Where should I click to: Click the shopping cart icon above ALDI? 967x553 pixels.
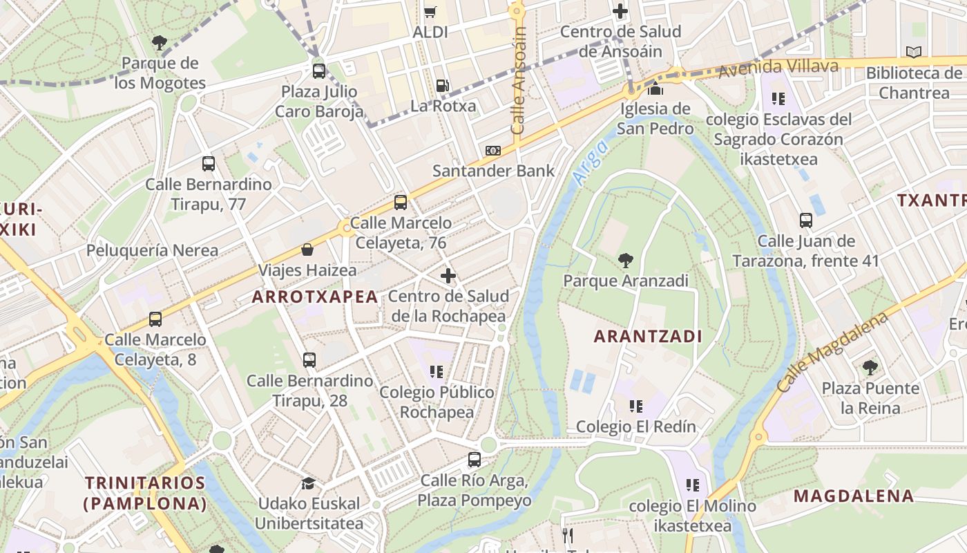(430, 11)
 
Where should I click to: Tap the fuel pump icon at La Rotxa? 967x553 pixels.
(442, 86)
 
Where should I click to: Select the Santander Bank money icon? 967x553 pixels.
(492, 151)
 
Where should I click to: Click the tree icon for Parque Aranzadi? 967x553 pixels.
(625, 261)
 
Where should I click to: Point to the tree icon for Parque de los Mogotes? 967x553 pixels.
(160, 43)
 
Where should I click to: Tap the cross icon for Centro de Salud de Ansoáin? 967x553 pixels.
(620, 11)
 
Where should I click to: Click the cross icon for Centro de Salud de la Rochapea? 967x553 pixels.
(448, 276)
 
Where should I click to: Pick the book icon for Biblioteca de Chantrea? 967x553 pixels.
(913, 53)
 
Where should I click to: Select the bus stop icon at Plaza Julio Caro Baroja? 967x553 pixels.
(318, 71)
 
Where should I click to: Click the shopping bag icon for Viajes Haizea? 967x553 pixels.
(307, 250)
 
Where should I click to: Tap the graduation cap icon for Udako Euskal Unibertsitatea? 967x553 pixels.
(308, 483)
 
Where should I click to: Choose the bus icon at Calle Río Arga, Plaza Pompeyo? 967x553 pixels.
(474, 460)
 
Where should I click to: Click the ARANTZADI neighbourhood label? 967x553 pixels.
(648, 337)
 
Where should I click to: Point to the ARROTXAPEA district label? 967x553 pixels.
(315, 297)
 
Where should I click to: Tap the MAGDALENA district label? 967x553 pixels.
(854, 496)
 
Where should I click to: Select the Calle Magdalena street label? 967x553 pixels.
(832, 352)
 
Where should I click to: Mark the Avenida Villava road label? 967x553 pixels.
(778, 68)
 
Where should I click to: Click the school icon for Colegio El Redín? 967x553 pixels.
(635, 406)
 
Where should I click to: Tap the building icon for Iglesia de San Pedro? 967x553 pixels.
(655, 89)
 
